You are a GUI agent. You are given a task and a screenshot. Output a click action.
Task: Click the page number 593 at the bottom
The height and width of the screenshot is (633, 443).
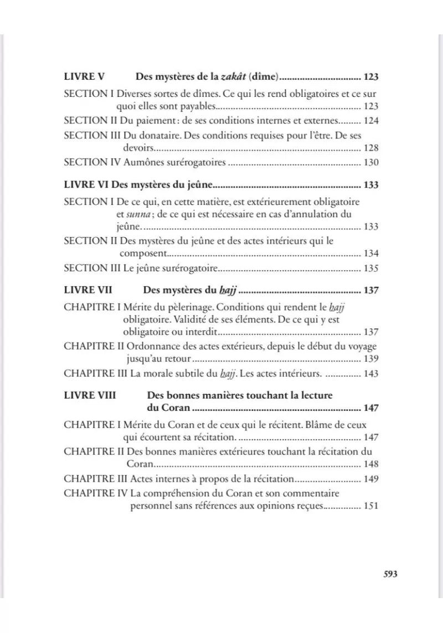pyautogui.click(x=390, y=574)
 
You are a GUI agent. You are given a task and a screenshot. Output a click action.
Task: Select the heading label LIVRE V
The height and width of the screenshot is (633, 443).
pyautogui.click(x=85, y=77)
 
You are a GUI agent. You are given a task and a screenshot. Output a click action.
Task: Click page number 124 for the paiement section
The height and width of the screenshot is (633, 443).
pyautogui.click(x=371, y=120)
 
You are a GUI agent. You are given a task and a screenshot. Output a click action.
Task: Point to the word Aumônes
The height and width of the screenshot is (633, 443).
pyautogui.click(x=151, y=162)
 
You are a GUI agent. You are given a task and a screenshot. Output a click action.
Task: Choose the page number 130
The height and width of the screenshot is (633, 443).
pyautogui.click(x=371, y=162)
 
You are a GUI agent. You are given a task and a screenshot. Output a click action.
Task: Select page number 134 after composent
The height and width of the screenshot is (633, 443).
pyautogui.click(x=371, y=254)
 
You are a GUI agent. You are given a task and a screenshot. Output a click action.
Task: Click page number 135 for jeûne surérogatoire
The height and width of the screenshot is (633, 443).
pyautogui.click(x=371, y=269)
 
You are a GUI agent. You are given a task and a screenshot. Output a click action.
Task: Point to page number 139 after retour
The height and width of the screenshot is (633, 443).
pyautogui.click(x=371, y=359)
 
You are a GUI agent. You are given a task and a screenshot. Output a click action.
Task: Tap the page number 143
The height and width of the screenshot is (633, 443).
pyautogui.click(x=371, y=374)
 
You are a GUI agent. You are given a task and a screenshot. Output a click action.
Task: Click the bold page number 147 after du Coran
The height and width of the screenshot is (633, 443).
pyautogui.click(x=370, y=409)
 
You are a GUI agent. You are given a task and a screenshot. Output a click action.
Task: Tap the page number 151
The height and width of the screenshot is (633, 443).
pyautogui.click(x=371, y=506)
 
